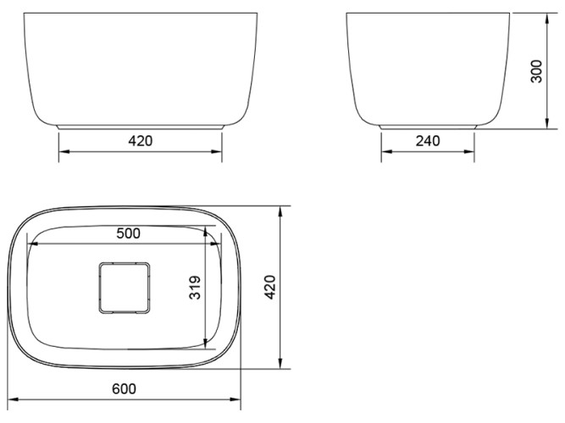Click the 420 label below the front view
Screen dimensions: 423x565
point(140,140)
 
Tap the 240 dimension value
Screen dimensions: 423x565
point(429,140)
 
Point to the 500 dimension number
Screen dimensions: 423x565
point(128,233)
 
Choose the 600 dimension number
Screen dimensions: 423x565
point(124,388)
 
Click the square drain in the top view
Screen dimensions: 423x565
point(124,286)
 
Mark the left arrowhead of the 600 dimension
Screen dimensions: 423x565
point(10,398)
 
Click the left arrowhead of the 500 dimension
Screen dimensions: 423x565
point(32,244)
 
